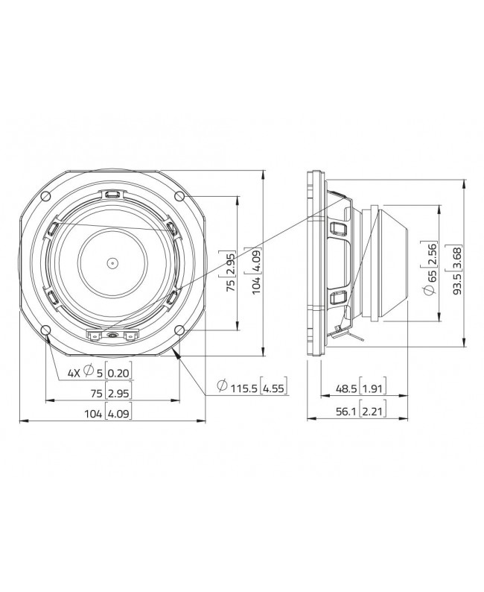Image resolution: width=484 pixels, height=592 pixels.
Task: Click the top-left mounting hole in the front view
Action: (45, 196)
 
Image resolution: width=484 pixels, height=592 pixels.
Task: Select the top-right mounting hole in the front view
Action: (179, 196)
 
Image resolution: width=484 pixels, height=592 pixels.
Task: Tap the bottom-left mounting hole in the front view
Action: (45, 330)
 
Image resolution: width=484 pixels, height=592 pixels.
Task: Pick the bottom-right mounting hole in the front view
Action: (179, 330)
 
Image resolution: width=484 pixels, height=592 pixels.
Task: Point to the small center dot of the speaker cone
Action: (112, 262)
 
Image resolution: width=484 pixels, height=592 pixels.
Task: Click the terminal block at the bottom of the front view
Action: (112, 336)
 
